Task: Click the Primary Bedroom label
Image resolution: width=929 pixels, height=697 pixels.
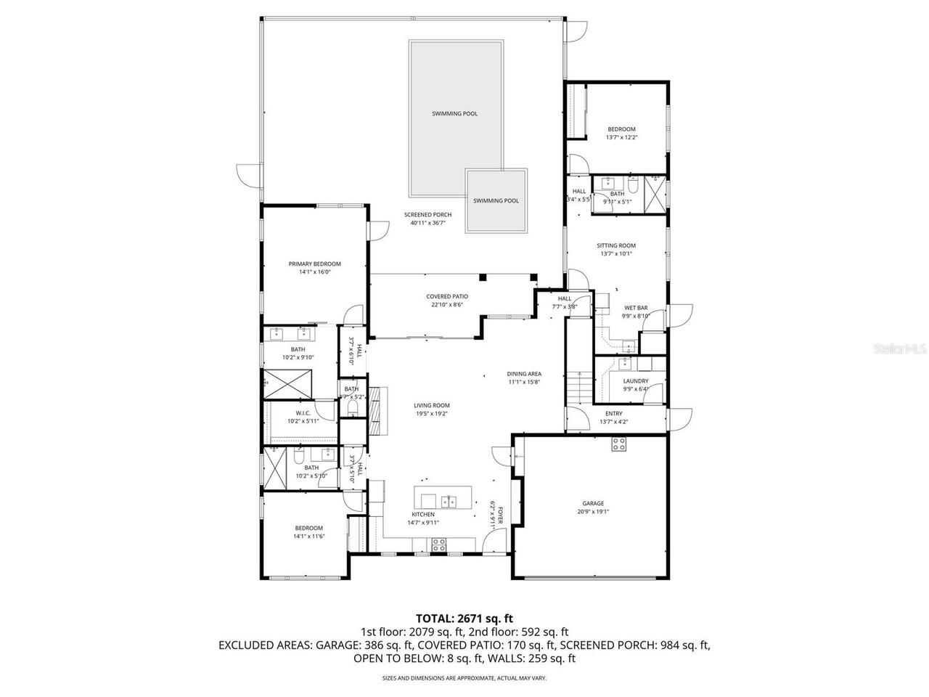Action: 314,264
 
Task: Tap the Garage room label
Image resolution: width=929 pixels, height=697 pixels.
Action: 593,503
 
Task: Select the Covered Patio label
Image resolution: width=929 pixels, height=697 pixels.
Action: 446,296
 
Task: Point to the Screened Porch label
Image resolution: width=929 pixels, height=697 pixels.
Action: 427,215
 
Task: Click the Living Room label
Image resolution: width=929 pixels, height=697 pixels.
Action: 432,406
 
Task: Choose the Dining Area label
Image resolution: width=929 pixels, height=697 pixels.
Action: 524,374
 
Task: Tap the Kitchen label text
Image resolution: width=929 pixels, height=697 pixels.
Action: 422,514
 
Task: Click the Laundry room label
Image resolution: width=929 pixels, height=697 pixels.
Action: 636,380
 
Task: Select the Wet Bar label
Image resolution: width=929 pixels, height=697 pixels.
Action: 636,308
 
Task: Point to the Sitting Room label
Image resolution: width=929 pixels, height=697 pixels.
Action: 616,245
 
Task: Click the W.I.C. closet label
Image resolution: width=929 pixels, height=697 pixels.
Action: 303,413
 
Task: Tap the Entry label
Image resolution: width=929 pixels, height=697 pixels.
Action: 613,413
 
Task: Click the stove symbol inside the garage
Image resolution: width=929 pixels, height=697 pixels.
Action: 618,444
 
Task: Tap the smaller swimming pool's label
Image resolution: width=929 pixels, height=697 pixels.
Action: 496,201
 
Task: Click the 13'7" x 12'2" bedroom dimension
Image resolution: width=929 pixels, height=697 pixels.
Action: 621,137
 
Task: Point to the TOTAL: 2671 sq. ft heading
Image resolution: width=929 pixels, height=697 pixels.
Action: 464,619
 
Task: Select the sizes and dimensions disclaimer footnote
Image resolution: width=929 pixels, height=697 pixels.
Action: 464,678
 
